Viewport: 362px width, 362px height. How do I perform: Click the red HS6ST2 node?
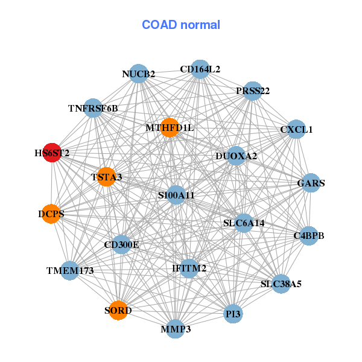(x=52, y=153)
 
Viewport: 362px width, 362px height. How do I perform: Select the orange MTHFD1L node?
(x=170, y=127)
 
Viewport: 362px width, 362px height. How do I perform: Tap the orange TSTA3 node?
(x=106, y=177)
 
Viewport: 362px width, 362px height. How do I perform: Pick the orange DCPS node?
(x=51, y=214)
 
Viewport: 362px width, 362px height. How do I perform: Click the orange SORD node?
(x=118, y=311)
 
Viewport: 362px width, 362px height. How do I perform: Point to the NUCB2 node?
(x=139, y=74)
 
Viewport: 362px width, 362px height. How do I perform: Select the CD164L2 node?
(x=200, y=69)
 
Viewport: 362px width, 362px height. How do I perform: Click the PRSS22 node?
(x=253, y=91)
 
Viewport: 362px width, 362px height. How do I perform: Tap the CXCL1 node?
(x=296, y=129)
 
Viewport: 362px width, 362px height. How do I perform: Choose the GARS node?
(x=310, y=183)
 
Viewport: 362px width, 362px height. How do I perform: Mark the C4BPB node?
(x=309, y=235)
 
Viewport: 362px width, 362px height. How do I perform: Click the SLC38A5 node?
(x=281, y=283)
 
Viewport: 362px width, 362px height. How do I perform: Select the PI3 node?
(x=233, y=314)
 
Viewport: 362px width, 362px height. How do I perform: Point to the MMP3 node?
(x=176, y=329)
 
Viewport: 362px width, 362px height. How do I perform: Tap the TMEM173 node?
(x=70, y=271)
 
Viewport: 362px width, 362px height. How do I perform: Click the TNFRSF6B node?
(x=93, y=109)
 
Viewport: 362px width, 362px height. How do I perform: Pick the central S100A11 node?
(x=176, y=195)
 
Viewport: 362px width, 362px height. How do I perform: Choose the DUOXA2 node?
(x=236, y=156)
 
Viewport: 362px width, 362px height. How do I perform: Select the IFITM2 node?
(x=189, y=268)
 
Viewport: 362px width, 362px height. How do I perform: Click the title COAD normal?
(x=181, y=25)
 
